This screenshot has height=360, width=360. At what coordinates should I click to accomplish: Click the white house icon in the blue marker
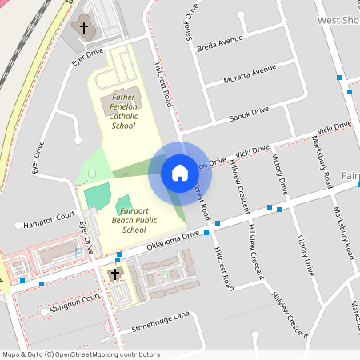(x=179, y=172)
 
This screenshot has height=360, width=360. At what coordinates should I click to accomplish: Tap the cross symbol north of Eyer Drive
(x=84, y=28)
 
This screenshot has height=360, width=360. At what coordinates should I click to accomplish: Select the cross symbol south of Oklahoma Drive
(x=114, y=274)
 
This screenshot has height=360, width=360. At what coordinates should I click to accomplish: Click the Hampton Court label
(x=50, y=218)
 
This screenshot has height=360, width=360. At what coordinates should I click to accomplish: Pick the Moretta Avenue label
(x=251, y=75)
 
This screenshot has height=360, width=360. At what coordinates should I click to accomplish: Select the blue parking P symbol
(x=78, y=251)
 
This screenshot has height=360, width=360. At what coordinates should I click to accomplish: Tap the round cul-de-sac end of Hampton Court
(x=18, y=225)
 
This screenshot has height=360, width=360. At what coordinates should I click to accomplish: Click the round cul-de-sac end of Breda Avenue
(x=240, y=34)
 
